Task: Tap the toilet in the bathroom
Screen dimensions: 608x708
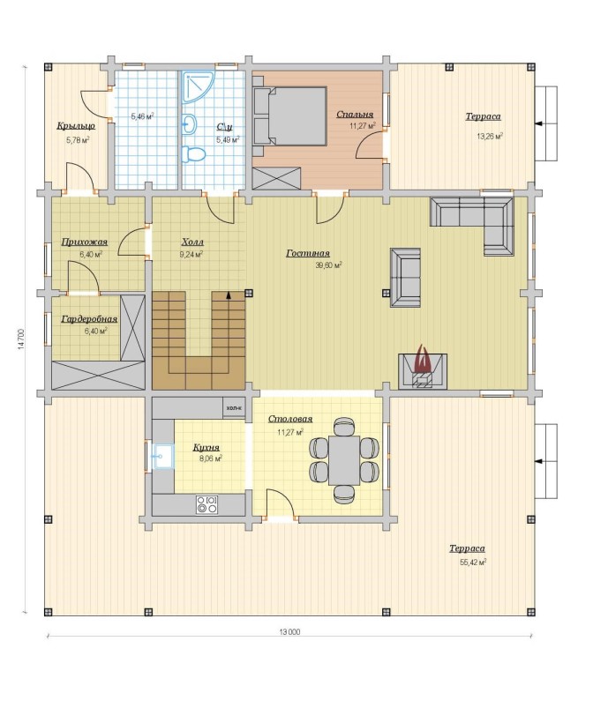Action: (x=193, y=154)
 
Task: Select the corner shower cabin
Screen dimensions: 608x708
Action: (x=198, y=86)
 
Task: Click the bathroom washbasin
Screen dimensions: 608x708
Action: (x=190, y=123)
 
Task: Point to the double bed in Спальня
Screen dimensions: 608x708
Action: (x=289, y=116)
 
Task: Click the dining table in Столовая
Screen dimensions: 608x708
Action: (x=344, y=460)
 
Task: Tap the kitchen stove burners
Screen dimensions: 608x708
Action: (x=207, y=504)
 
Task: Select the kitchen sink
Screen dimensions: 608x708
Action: (x=162, y=456)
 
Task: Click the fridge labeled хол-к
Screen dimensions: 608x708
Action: (x=234, y=408)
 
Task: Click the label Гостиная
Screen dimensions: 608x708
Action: (x=308, y=253)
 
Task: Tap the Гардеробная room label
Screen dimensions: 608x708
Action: (x=89, y=319)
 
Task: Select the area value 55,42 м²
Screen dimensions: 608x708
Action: (x=473, y=563)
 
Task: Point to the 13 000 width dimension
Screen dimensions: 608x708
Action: (x=289, y=631)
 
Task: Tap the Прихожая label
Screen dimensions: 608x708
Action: (x=84, y=242)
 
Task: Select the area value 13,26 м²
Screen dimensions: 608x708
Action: (x=490, y=136)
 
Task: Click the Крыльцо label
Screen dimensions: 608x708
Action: (x=76, y=126)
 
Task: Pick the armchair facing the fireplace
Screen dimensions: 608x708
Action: (x=406, y=277)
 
